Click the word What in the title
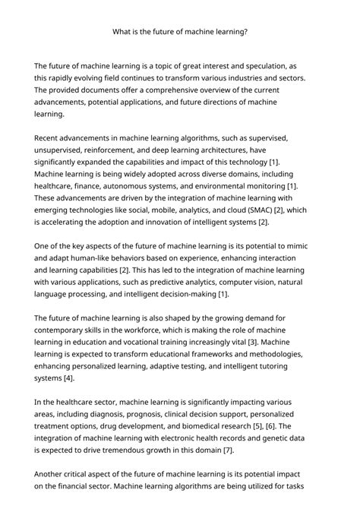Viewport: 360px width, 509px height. point(122,32)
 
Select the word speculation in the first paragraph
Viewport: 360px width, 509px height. point(265,66)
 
